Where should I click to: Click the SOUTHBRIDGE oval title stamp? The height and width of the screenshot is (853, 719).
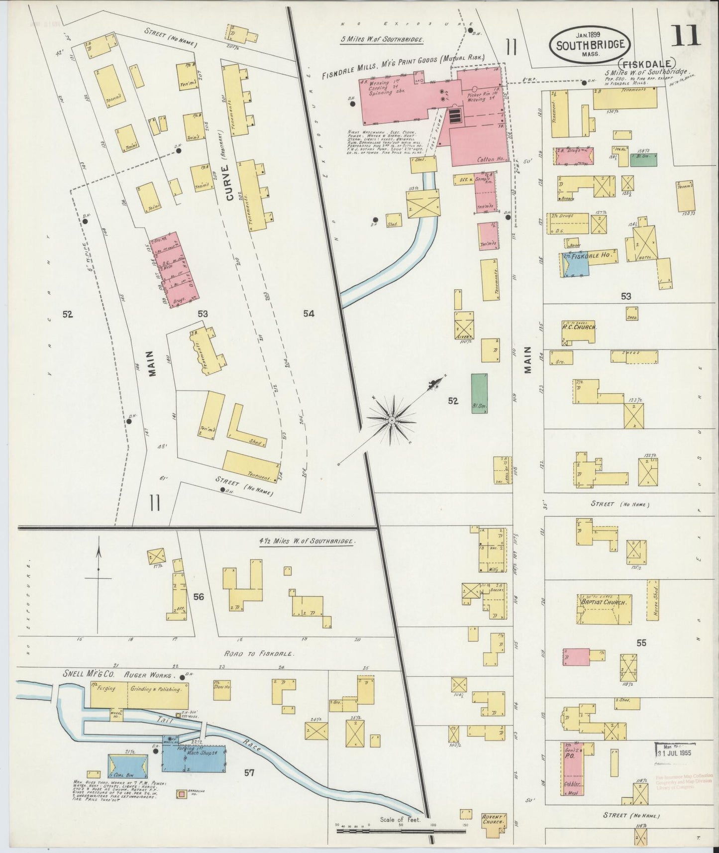tap(590, 44)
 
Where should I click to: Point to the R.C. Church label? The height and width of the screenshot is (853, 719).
tap(579, 327)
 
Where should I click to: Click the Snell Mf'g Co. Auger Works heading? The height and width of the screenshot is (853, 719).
tap(119, 676)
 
